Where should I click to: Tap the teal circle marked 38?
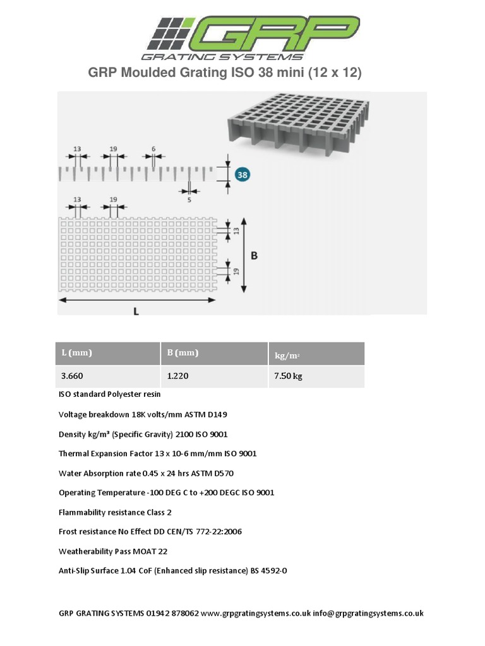click(x=242, y=174)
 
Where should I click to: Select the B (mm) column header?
click(x=183, y=353)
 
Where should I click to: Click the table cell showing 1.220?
click(x=177, y=376)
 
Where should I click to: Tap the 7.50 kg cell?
click(x=288, y=376)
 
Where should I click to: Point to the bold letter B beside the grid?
click(x=254, y=255)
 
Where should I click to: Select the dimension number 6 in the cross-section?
click(x=153, y=150)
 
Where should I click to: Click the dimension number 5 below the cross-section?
click(x=189, y=200)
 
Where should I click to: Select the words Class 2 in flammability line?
click(x=159, y=512)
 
